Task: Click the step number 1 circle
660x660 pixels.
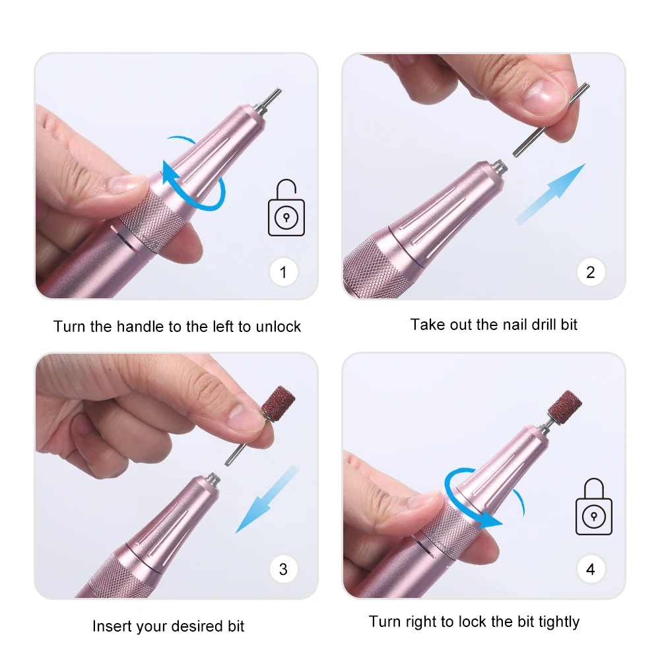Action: point(283,273)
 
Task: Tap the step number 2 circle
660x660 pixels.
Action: point(590,273)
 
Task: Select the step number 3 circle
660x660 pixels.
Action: point(283,569)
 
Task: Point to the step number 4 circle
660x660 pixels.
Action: point(590,569)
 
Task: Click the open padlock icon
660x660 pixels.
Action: point(286,209)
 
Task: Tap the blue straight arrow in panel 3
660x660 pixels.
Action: point(267,499)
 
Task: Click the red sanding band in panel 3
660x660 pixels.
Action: point(277,403)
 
